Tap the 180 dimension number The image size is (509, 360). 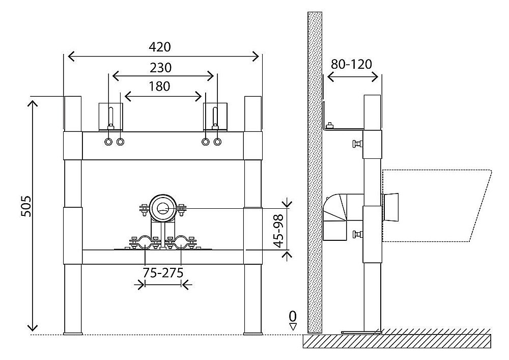160,86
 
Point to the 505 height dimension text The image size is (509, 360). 26,206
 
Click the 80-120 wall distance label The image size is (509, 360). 352,64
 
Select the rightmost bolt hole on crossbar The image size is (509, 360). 218,142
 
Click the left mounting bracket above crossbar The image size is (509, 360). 111,117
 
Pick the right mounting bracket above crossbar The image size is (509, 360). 215,117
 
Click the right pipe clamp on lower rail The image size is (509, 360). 181,243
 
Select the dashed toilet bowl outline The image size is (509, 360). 438,204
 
